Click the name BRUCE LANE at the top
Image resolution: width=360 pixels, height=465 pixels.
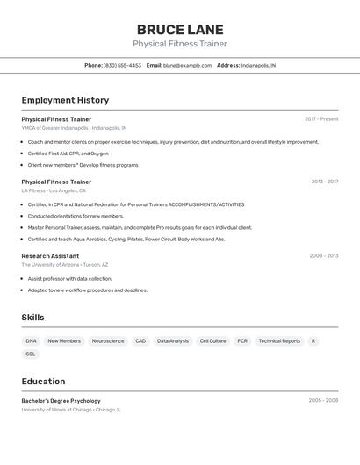pos(180,30)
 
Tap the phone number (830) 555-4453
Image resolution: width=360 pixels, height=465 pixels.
pos(122,65)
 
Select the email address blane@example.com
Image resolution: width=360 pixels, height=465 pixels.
pos(187,65)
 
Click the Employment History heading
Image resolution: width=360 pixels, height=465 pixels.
pos(65,100)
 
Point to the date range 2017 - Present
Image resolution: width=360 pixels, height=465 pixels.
pos(321,119)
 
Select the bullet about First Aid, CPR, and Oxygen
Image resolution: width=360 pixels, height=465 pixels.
pos(68,154)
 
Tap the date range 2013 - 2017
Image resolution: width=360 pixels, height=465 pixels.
pos(324,182)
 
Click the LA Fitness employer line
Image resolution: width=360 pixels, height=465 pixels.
pos(54,190)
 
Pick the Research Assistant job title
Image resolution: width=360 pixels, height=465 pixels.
pos(50,256)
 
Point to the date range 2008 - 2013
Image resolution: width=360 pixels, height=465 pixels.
pos(323,256)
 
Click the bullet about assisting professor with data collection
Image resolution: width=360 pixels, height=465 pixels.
pos(69,278)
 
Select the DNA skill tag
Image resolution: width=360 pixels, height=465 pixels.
pos(32,340)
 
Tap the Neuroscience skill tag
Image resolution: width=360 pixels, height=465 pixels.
pos(108,340)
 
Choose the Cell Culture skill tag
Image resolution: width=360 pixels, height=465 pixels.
pos(212,340)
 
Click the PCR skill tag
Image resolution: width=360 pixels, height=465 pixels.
pos(242,340)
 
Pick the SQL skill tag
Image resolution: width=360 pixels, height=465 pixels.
pos(31,354)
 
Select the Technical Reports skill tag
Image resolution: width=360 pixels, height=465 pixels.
pos(279,340)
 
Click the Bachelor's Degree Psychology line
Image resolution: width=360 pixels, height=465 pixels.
pos(61,401)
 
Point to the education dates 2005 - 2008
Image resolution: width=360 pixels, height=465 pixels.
pos(323,400)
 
